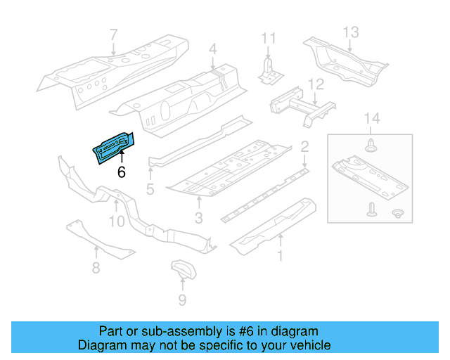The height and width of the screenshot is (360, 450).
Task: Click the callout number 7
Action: [x=114, y=34]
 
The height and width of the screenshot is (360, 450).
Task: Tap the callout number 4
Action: [x=212, y=49]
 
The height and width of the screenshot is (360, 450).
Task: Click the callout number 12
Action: [x=316, y=85]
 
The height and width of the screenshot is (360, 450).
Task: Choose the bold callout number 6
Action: [x=121, y=172]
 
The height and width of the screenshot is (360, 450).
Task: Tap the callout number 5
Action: [x=150, y=188]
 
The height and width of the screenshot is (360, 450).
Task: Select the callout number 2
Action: [x=304, y=147]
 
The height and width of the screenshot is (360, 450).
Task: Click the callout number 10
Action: [x=116, y=221]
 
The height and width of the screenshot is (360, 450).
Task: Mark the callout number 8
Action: [x=96, y=267]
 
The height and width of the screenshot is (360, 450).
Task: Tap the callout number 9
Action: [x=182, y=301]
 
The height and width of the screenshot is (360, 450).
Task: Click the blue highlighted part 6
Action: [x=112, y=145]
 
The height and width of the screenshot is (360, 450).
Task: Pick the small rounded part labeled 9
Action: [x=183, y=271]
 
